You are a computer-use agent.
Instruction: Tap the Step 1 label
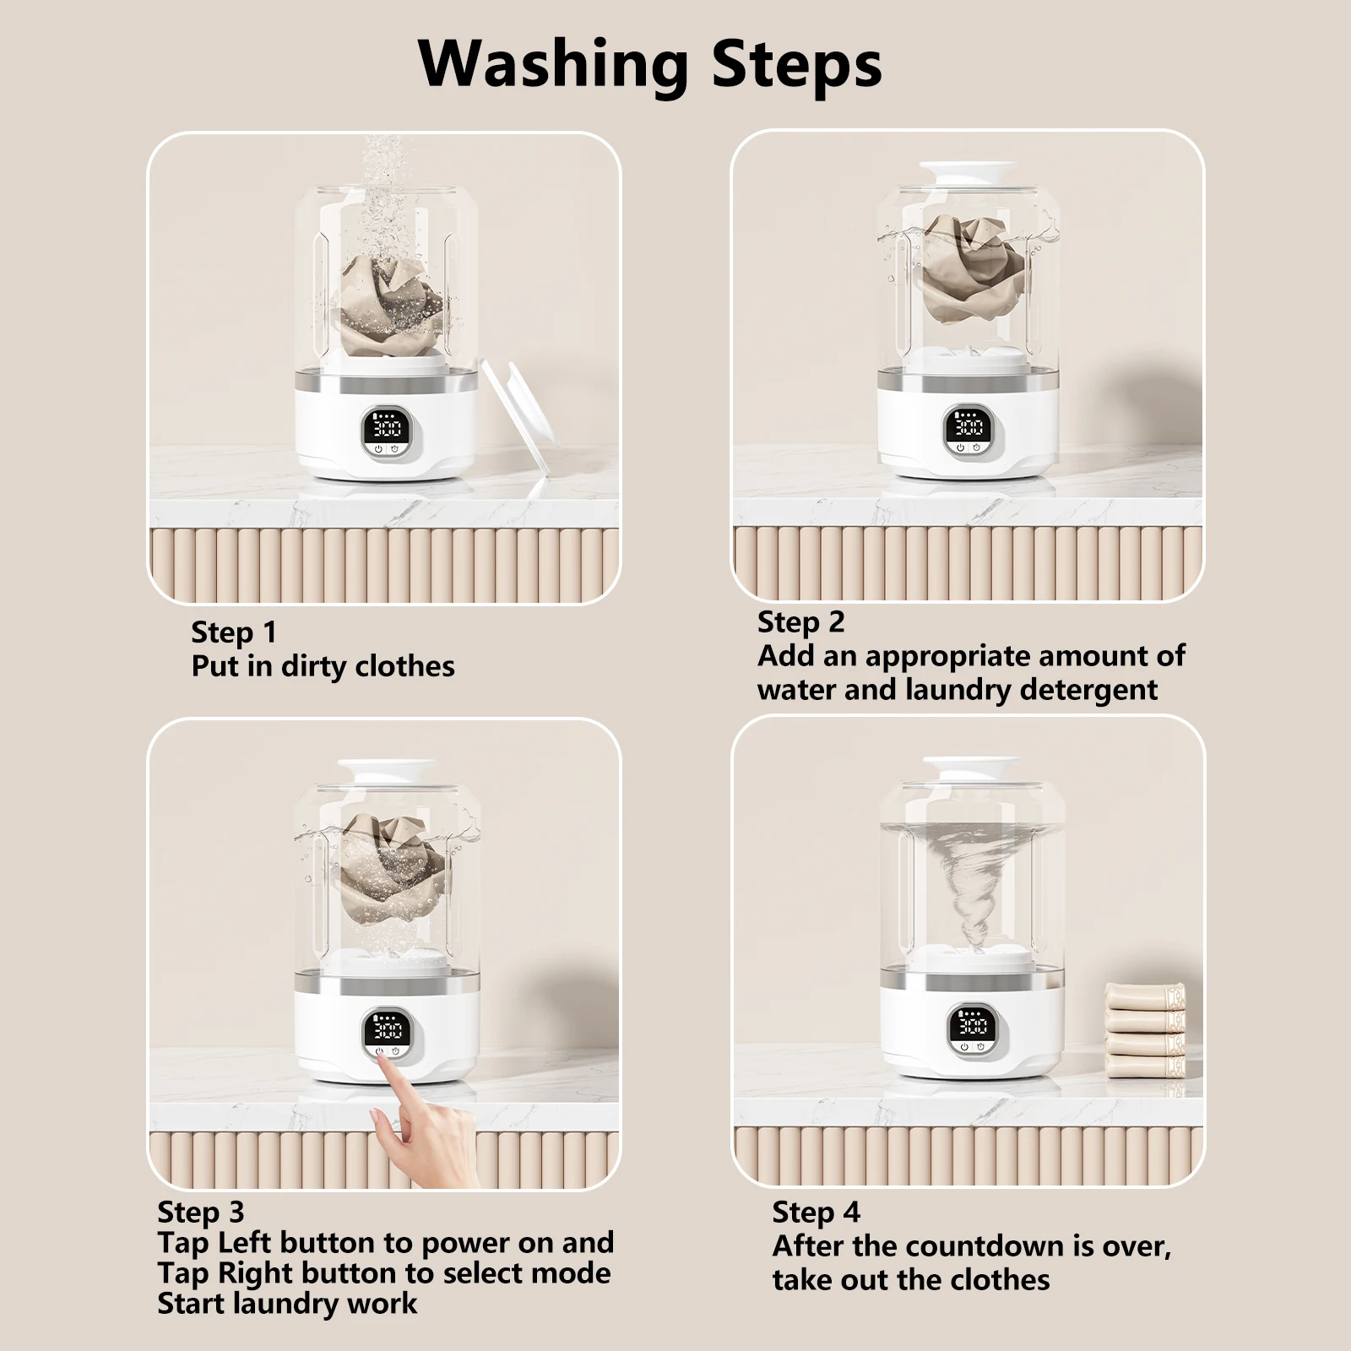coord(234,632)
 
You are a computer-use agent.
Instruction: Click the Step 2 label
coord(800,622)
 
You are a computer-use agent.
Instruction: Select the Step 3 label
coord(200,1213)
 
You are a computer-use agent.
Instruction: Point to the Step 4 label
coord(816,1213)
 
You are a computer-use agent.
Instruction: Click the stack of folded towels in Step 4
coord(1145,1030)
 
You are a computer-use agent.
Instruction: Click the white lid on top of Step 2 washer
coord(968,173)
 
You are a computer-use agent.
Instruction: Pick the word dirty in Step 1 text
coord(313,666)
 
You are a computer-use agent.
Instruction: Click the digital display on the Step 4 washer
coord(973,1027)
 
